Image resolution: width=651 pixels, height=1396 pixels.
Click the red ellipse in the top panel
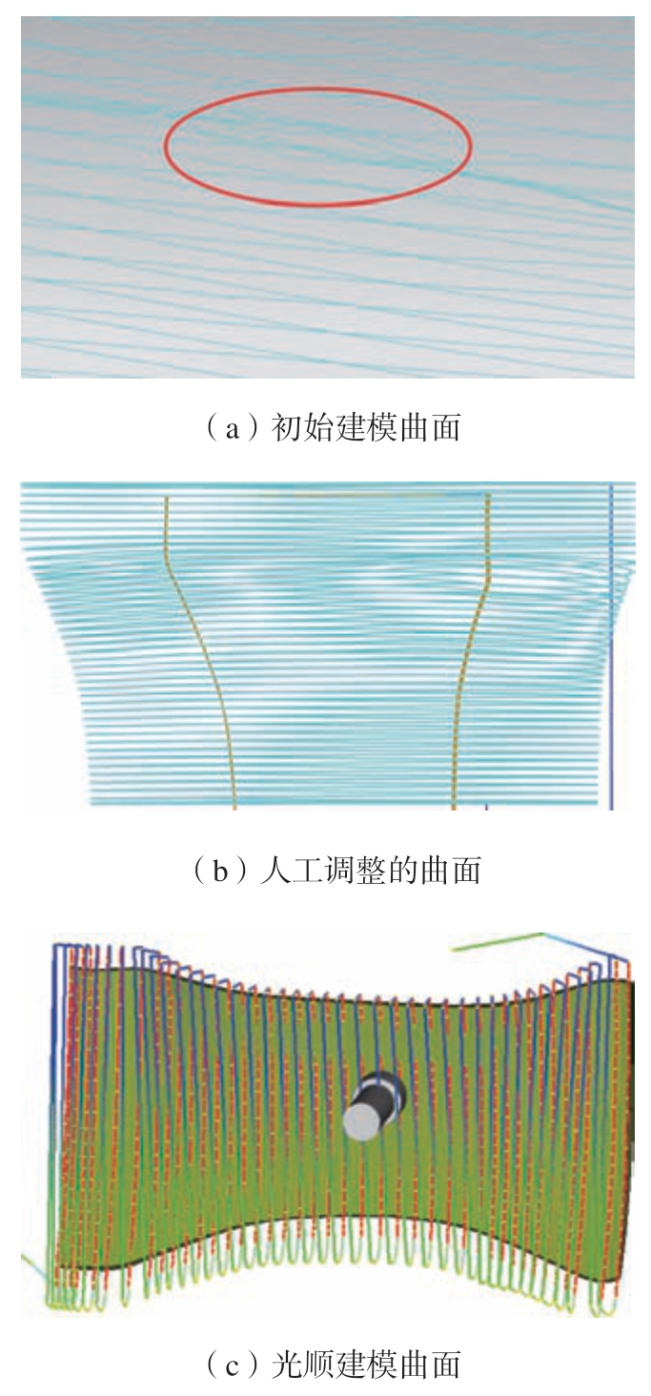pyautogui.click(x=317, y=90)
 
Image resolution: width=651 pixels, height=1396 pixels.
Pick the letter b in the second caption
pyautogui.click(x=220, y=871)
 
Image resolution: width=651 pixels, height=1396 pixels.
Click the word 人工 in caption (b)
pyautogui.click(x=291, y=870)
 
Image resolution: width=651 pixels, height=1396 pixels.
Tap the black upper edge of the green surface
pyautogui.click(x=349, y=999)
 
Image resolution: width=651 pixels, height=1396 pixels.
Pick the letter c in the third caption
pyautogui.click(x=233, y=1368)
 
